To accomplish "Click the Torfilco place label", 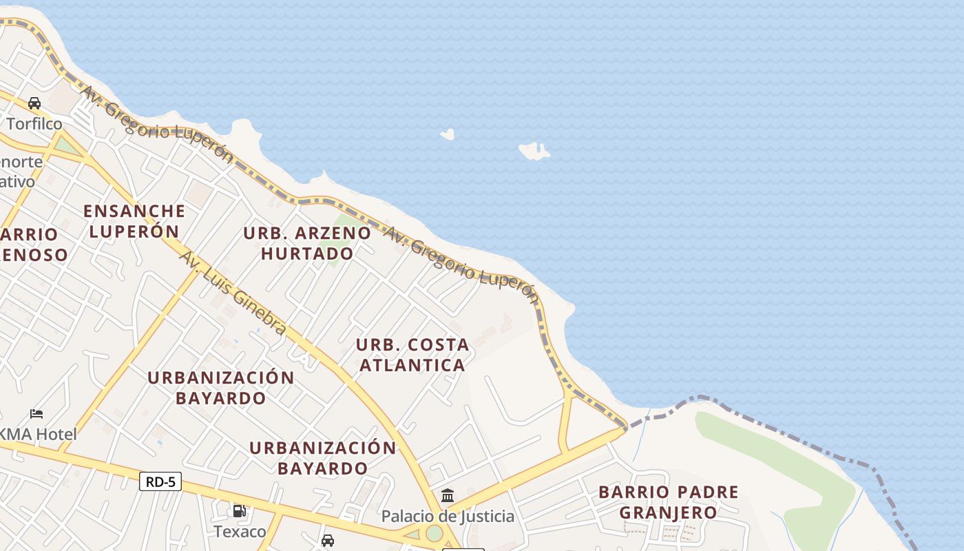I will [x=34, y=124].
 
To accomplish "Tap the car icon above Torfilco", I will [x=34, y=103].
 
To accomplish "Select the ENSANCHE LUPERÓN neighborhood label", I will [x=134, y=220].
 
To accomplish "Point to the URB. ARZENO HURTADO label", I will [x=307, y=243].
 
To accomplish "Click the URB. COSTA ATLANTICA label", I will [x=412, y=354].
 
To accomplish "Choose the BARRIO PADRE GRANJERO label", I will [x=668, y=502].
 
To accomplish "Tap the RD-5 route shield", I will [x=160, y=481].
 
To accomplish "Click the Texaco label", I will [x=240, y=532].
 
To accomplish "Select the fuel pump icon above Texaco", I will [x=240, y=511].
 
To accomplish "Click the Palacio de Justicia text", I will [x=448, y=516].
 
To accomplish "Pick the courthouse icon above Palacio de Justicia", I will [x=448, y=495].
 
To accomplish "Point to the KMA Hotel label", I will [x=39, y=435].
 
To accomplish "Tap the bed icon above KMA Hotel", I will [x=36, y=414].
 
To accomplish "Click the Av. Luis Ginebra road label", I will [x=233, y=293].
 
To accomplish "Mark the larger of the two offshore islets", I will [x=534, y=151].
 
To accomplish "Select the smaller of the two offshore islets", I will [x=448, y=134].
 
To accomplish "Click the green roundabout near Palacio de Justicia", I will [x=434, y=533].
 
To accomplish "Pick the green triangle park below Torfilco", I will [x=66, y=145].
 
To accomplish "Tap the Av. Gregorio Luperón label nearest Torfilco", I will [x=158, y=123].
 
